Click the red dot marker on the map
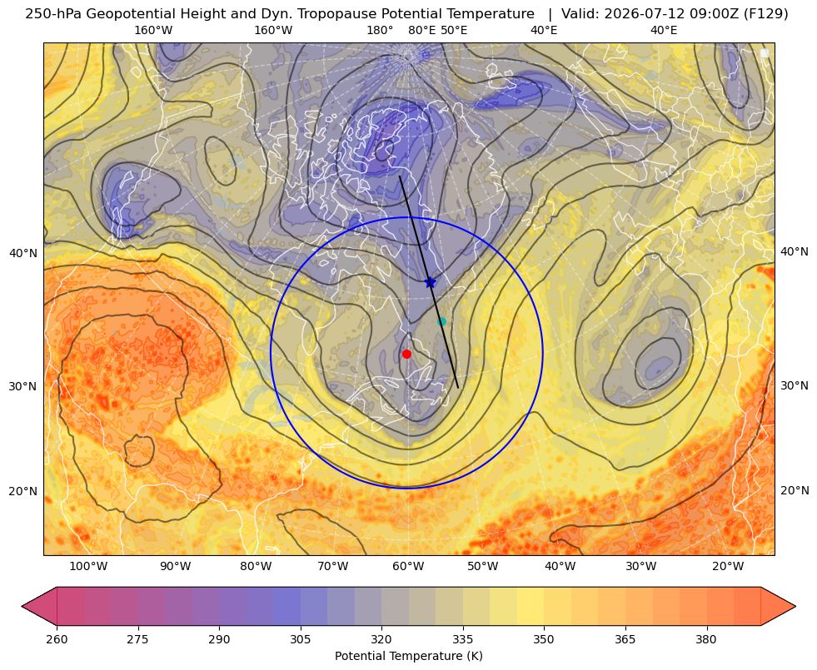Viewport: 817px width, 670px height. [406, 354]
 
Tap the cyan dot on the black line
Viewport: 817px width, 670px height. [441, 322]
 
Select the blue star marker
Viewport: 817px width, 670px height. [430, 282]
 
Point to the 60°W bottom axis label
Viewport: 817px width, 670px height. [408, 567]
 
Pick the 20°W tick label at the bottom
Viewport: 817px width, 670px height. [728, 567]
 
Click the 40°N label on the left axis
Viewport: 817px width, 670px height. [23, 254]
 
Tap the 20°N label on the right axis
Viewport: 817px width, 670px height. [795, 490]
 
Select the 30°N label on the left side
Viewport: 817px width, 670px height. [23, 386]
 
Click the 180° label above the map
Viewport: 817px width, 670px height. [380, 30]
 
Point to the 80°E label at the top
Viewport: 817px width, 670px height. [422, 30]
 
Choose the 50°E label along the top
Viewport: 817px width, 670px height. [454, 30]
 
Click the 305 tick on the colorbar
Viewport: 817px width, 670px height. [300, 639]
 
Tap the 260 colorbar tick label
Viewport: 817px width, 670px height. [57, 639]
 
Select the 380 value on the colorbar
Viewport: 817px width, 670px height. [706, 639]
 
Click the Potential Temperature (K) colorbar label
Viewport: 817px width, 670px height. [408, 656]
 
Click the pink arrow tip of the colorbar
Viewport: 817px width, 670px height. [23, 606]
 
